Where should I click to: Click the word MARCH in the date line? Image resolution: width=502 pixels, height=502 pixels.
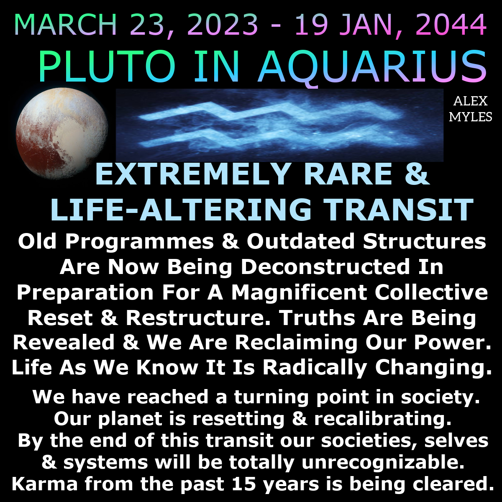tap(66, 25)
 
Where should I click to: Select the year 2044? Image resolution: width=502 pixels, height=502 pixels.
tap(451, 25)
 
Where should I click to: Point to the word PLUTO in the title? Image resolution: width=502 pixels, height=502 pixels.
tap(107, 67)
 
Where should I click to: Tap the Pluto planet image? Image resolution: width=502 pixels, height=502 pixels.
tap(62, 133)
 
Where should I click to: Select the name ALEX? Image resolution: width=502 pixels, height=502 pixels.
tap(470, 101)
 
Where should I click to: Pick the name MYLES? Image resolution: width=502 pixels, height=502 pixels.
tap(471, 117)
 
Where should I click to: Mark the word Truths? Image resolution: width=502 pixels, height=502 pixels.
tap(317, 318)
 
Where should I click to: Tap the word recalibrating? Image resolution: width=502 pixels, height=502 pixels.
tap(382, 419)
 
